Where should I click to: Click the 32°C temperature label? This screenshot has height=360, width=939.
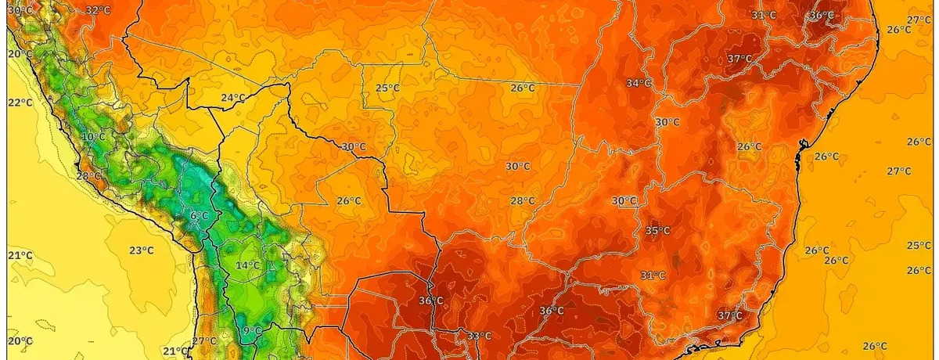(98, 10)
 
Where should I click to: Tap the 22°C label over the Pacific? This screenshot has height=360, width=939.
(20, 103)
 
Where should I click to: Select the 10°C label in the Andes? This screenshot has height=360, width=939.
(93, 137)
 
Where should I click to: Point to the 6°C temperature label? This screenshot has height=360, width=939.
(199, 215)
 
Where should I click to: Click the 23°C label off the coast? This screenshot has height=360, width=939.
(142, 250)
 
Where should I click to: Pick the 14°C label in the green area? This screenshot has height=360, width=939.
(248, 265)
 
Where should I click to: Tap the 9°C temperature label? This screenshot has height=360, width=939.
(252, 331)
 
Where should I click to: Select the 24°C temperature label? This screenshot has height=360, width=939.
(232, 98)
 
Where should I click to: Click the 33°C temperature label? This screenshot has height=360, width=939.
(479, 337)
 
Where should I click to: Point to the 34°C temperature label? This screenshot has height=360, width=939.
(639, 83)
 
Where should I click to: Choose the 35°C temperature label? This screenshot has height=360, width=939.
(657, 230)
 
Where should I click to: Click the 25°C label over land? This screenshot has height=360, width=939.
(387, 88)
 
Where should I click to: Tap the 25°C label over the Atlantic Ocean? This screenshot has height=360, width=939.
(919, 245)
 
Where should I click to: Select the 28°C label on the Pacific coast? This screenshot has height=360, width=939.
(88, 176)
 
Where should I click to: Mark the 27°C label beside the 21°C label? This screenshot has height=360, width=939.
(204, 341)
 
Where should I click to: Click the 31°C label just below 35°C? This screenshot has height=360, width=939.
(653, 275)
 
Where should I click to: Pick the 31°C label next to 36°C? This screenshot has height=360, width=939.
(764, 15)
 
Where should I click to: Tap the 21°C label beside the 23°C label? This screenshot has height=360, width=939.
(20, 256)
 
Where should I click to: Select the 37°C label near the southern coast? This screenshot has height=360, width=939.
(729, 315)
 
